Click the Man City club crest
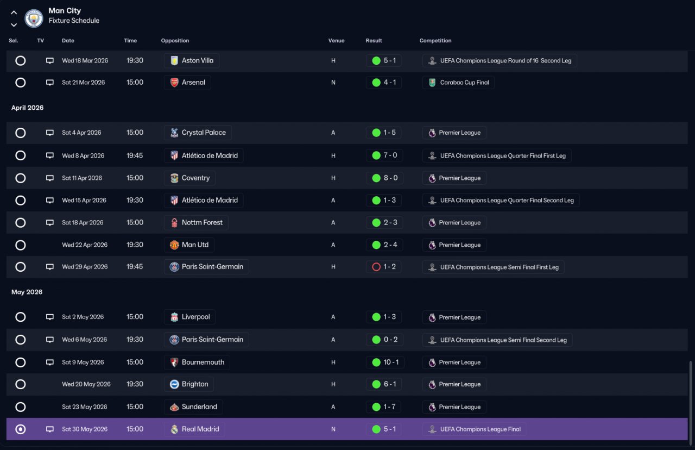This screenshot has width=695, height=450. pos(34,18)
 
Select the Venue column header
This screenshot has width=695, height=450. pos(336,41)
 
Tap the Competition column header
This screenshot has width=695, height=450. pos(435,41)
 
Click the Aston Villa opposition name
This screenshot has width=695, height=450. pos(198,60)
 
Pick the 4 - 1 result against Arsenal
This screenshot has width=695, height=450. pos(390,82)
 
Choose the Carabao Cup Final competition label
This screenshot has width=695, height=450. pos(464,83)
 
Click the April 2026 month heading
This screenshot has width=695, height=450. pos(27,108)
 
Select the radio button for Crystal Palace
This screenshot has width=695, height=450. pos(21,133)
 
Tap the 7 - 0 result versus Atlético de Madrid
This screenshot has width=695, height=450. pos(390,155)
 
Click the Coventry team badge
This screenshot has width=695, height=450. pos(174,178)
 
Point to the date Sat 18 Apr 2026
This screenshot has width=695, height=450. pos(83,223)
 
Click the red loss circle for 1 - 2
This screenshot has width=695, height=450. pos(376,267)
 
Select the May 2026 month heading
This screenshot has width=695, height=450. pos(27,292)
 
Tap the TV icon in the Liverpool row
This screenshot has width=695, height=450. pos(49,317)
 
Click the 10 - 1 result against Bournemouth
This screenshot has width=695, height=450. pos(391,362)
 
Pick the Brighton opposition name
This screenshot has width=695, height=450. pos(195,384)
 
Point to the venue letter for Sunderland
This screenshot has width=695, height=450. pos(333,407)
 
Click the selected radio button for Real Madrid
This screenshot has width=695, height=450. pos(21,429)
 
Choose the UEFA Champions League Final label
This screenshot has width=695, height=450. pos(481,429)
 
